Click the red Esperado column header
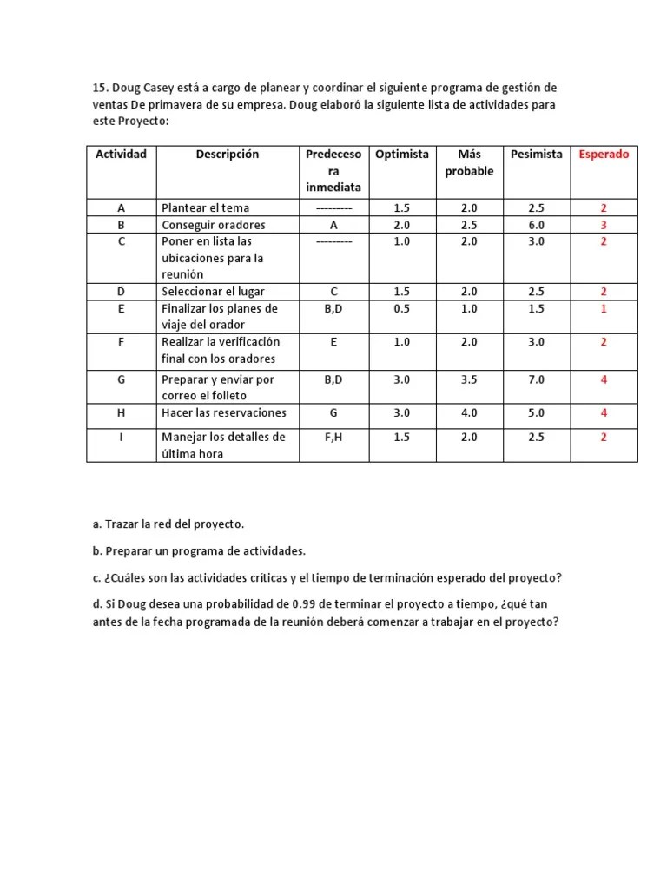pos(604,155)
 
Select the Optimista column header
pos(401,155)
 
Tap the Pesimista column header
pos(536,155)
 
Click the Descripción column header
pos(228,155)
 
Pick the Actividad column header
pos(121,155)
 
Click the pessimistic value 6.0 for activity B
pos(536,225)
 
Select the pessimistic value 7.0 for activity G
pos(536,379)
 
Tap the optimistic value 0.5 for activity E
pos(401,308)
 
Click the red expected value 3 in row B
pos(604,225)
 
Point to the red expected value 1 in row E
pos(604,308)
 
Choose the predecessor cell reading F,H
pos(333,437)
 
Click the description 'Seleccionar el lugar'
pos(213,292)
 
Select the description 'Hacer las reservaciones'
pos(223,412)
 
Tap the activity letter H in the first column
pos(121,412)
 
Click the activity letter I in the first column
pos(121,437)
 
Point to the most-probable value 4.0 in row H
pos(469,412)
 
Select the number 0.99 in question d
pos(289,603)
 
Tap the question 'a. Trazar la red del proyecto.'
pos(168,524)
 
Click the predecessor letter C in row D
pos(333,292)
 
